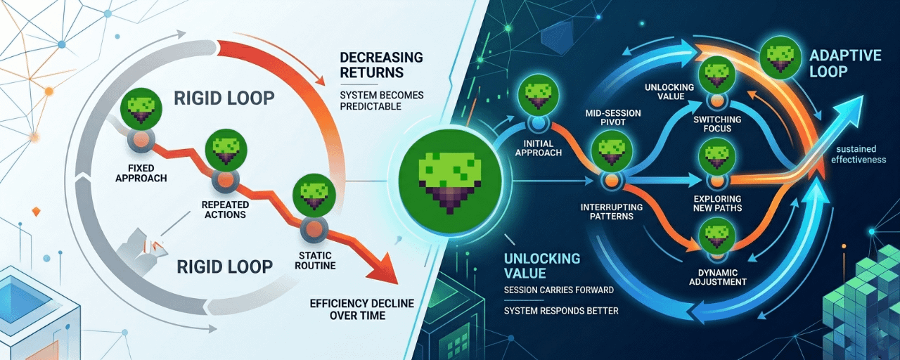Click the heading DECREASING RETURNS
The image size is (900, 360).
pyautogui.click(x=381, y=64)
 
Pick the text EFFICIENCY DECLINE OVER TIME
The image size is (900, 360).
pyautogui.click(x=361, y=309)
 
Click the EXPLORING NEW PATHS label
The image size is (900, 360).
pyautogui.click(x=716, y=203)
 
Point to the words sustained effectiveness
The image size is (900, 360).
pyautogui.click(x=858, y=154)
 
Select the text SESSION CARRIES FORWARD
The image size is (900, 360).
pyautogui.click(x=559, y=290)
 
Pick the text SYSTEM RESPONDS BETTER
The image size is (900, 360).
pyautogui.click(x=561, y=310)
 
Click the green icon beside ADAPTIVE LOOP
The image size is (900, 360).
pyautogui.click(x=779, y=56)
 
